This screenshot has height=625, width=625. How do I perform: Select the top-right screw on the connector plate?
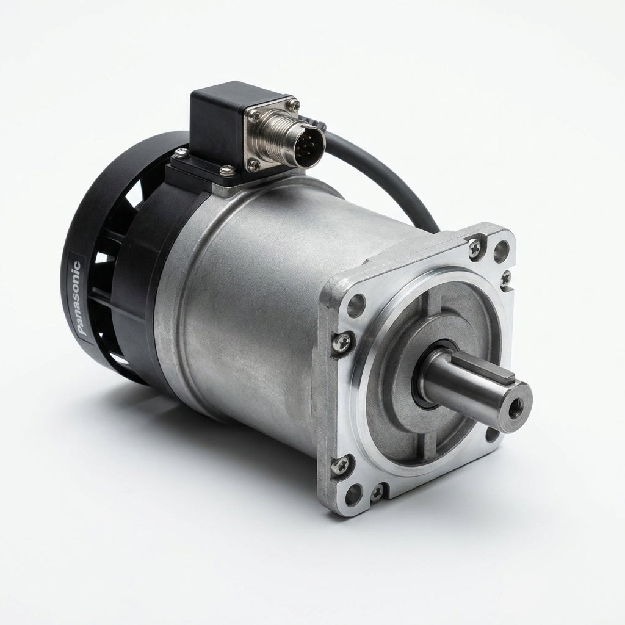(294, 104)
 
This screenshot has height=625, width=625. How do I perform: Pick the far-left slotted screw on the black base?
(181, 152)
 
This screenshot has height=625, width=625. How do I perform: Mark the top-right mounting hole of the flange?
(502, 248)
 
